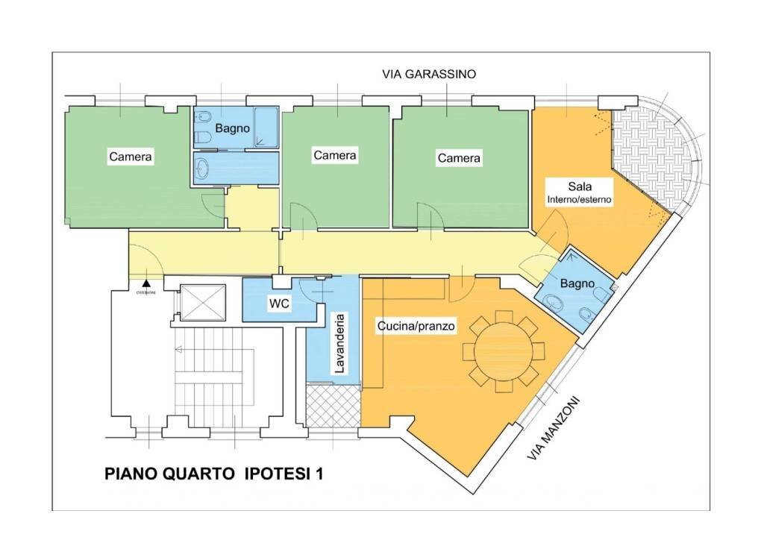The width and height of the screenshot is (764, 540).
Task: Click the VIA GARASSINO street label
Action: [x=428, y=74]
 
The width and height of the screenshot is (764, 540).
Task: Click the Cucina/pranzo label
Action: [x=416, y=326]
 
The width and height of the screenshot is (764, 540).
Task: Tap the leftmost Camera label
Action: [x=131, y=157]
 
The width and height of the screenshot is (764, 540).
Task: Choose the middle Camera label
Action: [x=335, y=155]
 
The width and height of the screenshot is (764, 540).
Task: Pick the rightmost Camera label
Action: [x=459, y=158]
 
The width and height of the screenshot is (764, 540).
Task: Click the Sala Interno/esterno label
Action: [x=580, y=192]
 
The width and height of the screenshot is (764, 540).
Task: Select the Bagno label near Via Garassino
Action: [x=233, y=128]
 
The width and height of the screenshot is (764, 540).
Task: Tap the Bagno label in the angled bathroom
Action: [x=577, y=283]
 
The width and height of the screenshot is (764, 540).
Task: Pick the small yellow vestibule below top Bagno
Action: [x=252, y=209]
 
